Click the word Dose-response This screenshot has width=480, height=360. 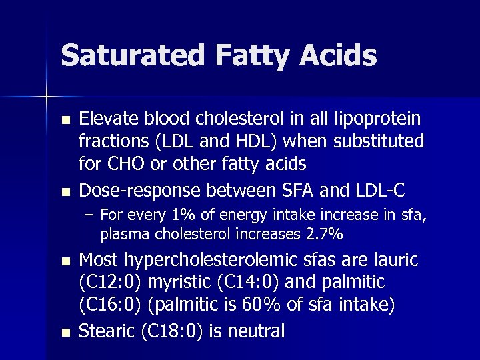pyautogui.click(x=140, y=191)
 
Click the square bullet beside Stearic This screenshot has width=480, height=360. pyautogui.click(x=64, y=331)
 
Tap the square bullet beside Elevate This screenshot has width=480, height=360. pyautogui.click(x=64, y=120)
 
